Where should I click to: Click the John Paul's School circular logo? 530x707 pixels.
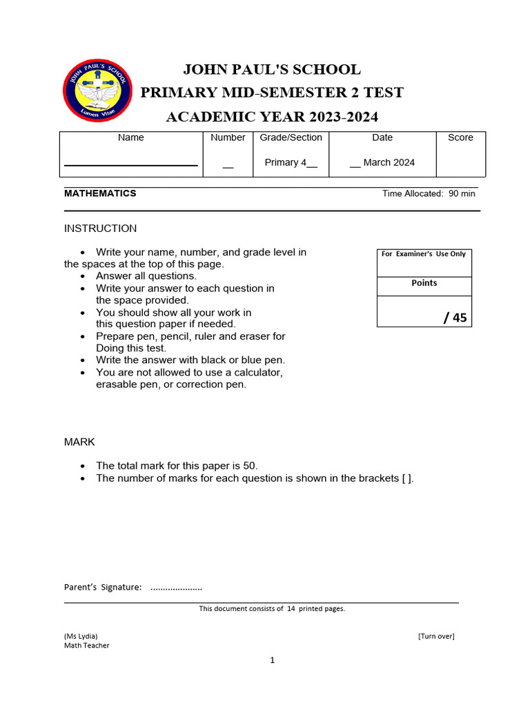[x=95, y=90]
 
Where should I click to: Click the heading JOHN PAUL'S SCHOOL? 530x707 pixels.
[x=271, y=70]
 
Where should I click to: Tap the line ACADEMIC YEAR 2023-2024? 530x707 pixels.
[x=272, y=117]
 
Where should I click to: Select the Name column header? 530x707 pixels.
[x=130, y=137]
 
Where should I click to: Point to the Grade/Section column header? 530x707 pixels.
[x=291, y=137]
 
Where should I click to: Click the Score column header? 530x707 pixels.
[x=460, y=137]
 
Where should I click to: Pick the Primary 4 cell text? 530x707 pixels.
[x=291, y=163]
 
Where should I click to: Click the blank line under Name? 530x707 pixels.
[x=130, y=166]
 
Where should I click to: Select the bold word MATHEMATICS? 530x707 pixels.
[x=100, y=193]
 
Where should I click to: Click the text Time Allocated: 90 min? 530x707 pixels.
[x=429, y=194]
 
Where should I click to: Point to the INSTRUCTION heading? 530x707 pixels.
[x=100, y=229]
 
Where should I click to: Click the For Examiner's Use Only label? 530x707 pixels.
[x=424, y=254]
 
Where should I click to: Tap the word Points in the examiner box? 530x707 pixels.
[x=424, y=283]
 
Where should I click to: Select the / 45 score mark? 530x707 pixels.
[x=455, y=318]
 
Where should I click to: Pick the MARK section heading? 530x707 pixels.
[x=79, y=442]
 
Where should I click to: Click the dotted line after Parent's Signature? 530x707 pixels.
[x=176, y=588]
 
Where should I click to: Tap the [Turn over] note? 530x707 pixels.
[x=435, y=636]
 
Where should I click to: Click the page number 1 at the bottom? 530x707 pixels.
[x=272, y=661]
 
